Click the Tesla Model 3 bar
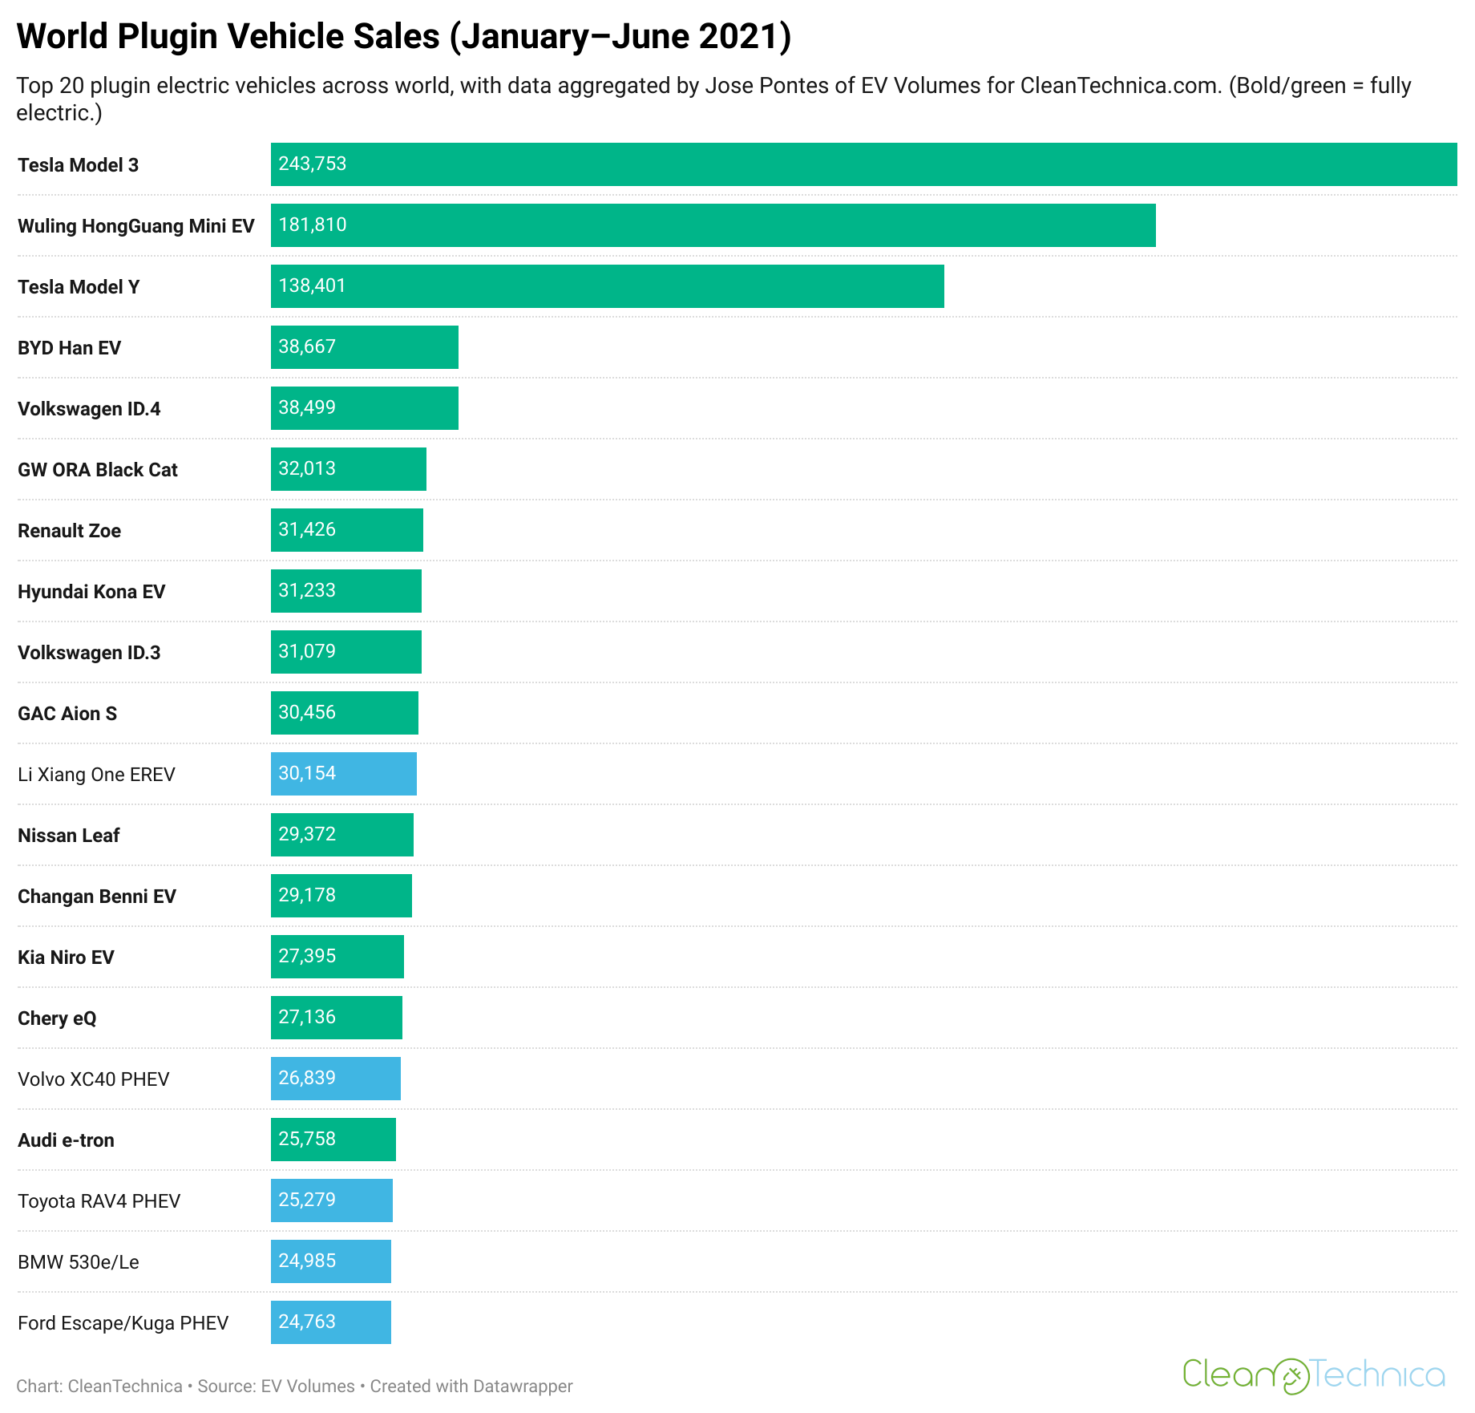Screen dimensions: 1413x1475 click(x=863, y=164)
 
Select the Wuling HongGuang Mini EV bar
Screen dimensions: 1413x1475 click(x=713, y=225)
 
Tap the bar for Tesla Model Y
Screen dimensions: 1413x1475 click(x=607, y=286)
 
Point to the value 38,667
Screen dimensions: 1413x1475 click(x=307, y=346)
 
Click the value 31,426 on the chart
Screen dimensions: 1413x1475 click(x=307, y=529)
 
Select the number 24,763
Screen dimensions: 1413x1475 click(x=307, y=1322)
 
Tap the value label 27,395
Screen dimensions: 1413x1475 click(x=307, y=956)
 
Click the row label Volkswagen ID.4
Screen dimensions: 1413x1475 click(x=89, y=409)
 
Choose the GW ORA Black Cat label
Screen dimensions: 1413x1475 click(x=98, y=470)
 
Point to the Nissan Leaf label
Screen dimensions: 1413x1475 click(x=69, y=836)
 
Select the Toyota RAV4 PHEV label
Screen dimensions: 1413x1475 click(x=99, y=1201)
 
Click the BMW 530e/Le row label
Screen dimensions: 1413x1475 click(x=79, y=1262)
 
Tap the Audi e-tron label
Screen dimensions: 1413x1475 click(x=66, y=1140)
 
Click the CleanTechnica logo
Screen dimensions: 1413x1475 click(x=1314, y=1375)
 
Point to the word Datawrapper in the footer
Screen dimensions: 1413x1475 click(x=523, y=1387)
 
